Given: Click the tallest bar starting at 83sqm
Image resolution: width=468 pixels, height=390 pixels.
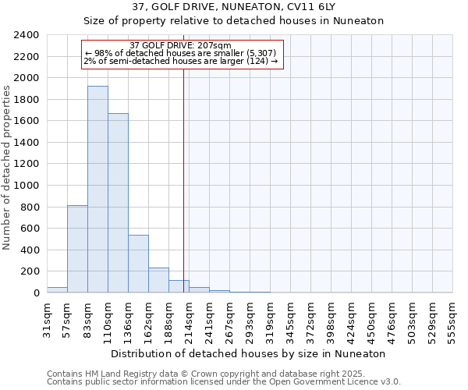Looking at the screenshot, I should coord(97,190).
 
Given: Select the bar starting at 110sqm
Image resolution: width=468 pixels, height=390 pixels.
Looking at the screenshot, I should coord(118,203).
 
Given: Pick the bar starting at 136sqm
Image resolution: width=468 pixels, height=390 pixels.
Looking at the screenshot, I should coord(138,264).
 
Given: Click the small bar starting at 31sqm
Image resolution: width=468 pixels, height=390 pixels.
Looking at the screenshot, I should coord(57,290).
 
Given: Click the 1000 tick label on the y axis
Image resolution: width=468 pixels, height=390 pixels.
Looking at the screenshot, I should coord(26,186).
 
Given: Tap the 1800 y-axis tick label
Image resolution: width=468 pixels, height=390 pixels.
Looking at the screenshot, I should coord(26,100).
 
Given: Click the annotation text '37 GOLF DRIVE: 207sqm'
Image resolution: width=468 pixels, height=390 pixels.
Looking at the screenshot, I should coord(180,45).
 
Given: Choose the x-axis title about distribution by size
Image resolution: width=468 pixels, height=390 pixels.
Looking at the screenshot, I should coord(248,353).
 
